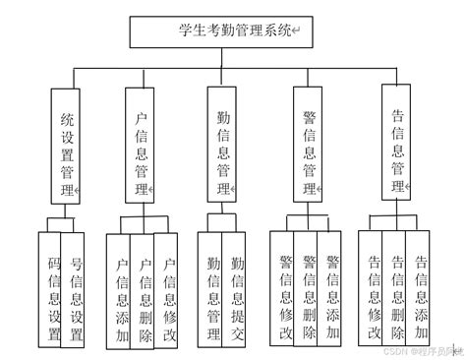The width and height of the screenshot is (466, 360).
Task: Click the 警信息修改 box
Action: coord(283,287)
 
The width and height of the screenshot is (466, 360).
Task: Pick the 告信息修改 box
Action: coord(371,287)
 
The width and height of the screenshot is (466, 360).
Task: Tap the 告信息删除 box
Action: coord(394,287)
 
